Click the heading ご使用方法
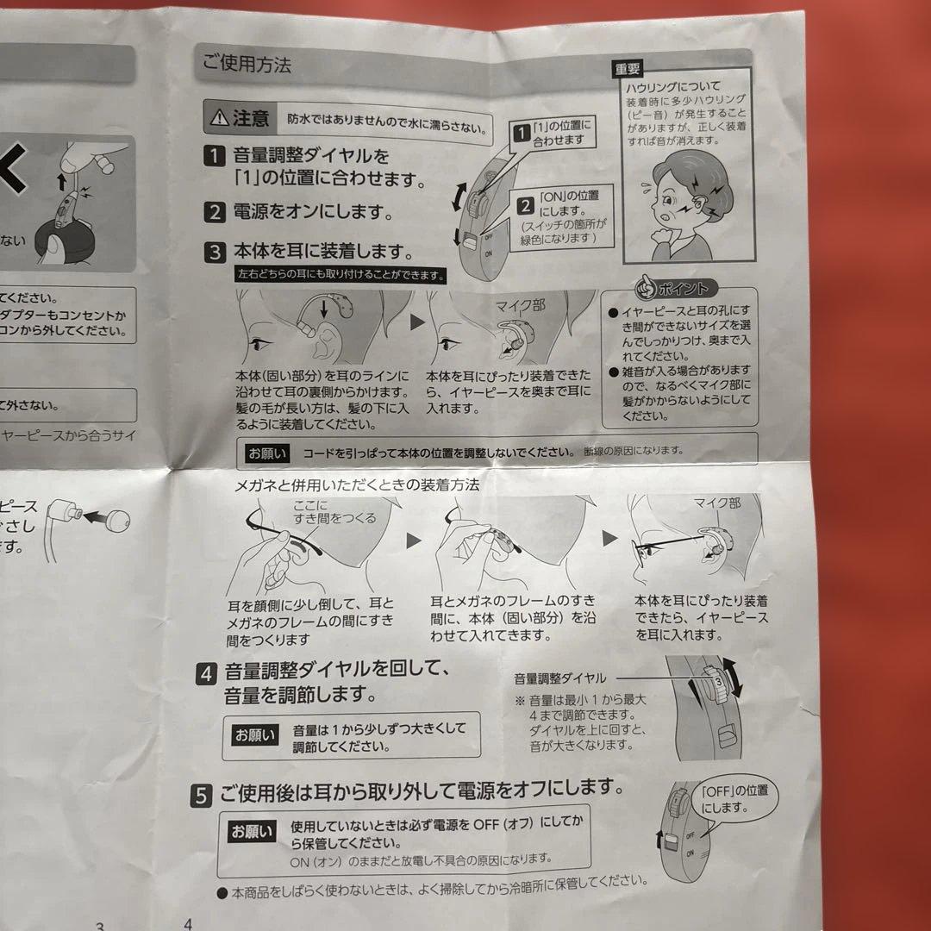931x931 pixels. pyautogui.click(x=247, y=64)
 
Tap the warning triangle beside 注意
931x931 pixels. pyautogui.click(x=219, y=118)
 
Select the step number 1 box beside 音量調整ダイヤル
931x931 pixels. pyautogui.click(x=213, y=158)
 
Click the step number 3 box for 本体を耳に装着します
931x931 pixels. pyautogui.click(x=213, y=253)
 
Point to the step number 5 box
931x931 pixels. pyautogui.click(x=200, y=797)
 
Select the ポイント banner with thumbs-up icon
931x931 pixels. pyautogui.click(x=672, y=288)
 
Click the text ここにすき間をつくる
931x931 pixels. pyautogui.click(x=334, y=512)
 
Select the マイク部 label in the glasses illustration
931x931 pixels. pyautogui.click(x=717, y=503)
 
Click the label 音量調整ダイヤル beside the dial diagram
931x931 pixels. pyautogui.click(x=560, y=678)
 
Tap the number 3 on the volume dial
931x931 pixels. pyautogui.click(x=716, y=681)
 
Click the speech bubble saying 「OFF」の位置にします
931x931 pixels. pyautogui.click(x=734, y=799)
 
